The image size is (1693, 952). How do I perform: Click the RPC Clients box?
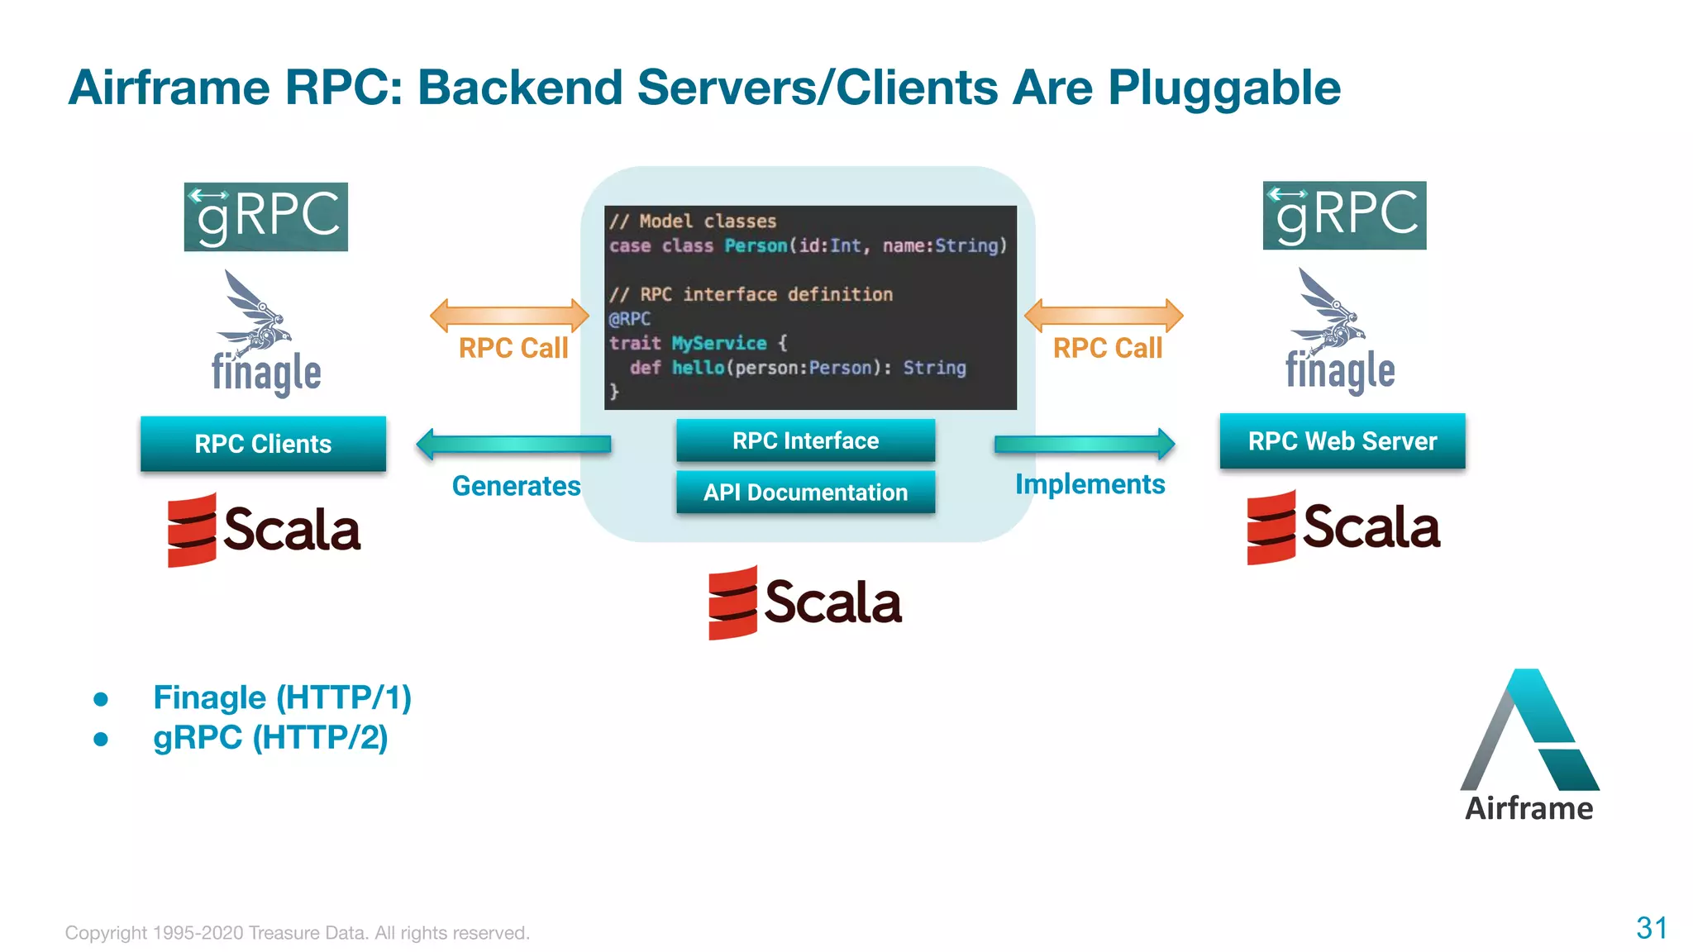[263, 444]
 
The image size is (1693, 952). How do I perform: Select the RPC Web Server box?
[1342, 441]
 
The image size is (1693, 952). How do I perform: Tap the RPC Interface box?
[805, 440]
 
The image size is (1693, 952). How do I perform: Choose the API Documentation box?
[805, 493]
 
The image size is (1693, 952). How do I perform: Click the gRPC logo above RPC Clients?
[265, 217]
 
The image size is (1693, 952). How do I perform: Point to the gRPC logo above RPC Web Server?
[1344, 215]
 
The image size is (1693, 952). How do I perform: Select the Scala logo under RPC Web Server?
[1343, 527]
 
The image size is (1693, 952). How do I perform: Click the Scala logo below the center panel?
[805, 602]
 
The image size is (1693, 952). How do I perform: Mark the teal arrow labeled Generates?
[513, 445]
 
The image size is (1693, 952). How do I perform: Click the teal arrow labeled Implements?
[1084, 445]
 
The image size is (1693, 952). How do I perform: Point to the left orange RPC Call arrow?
[509, 315]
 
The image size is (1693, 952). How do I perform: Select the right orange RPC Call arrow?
[1104, 315]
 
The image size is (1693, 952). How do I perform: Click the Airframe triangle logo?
[1529, 731]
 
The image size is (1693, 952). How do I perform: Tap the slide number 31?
[1651, 928]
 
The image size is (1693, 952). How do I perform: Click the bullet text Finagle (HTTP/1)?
[282, 697]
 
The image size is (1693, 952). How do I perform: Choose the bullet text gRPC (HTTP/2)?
[270, 737]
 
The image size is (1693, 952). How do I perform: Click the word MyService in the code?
[719, 343]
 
